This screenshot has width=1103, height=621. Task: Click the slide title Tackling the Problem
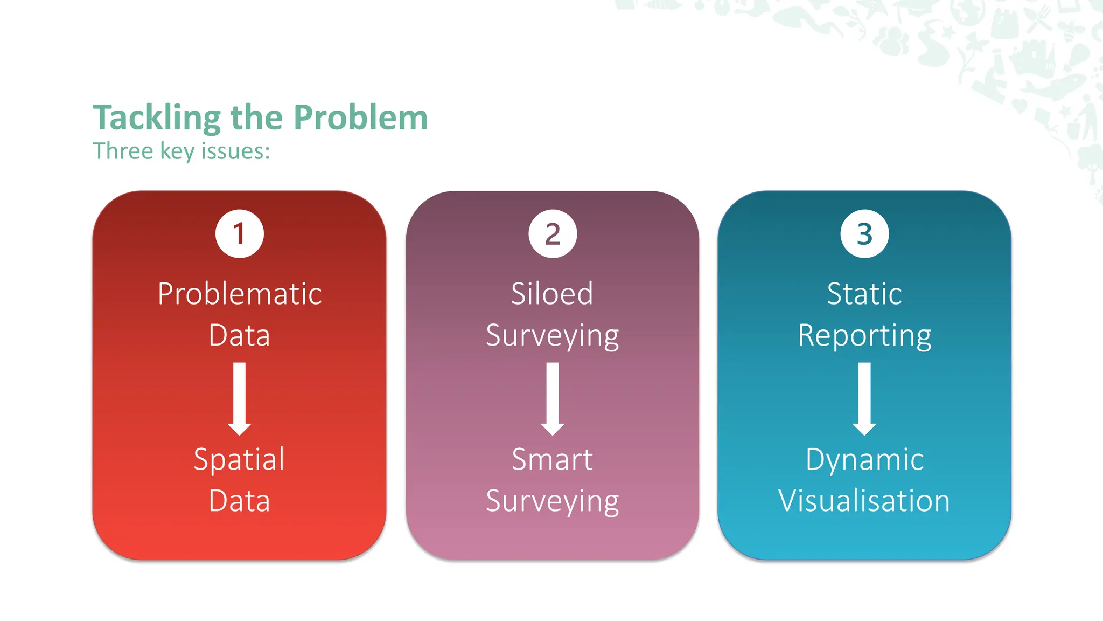(260, 118)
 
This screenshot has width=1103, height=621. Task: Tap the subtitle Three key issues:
(181, 151)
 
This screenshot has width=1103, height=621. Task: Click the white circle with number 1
(240, 234)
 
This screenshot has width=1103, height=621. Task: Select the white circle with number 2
(553, 234)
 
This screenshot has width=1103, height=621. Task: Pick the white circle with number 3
(864, 234)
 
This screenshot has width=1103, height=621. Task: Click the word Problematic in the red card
(240, 294)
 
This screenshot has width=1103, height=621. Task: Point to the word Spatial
(239, 460)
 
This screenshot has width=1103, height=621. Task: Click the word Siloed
(552, 294)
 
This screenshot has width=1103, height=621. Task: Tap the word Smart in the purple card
(552, 460)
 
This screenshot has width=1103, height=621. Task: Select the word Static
(864, 294)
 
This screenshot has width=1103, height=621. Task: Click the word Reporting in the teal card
(864, 336)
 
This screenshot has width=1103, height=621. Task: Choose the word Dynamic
(864, 460)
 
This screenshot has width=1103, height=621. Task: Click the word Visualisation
(864, 501)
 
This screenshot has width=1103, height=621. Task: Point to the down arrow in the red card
(240, 399)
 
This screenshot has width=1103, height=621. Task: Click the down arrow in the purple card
(553, 399)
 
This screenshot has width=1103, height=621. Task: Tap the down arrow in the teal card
(864, 399)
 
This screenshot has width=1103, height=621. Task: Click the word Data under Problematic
(239, 335)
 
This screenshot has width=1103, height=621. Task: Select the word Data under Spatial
(239, 501)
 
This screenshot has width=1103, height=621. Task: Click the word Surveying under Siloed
(552, 336)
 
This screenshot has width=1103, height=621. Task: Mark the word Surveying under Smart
(552, 502)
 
